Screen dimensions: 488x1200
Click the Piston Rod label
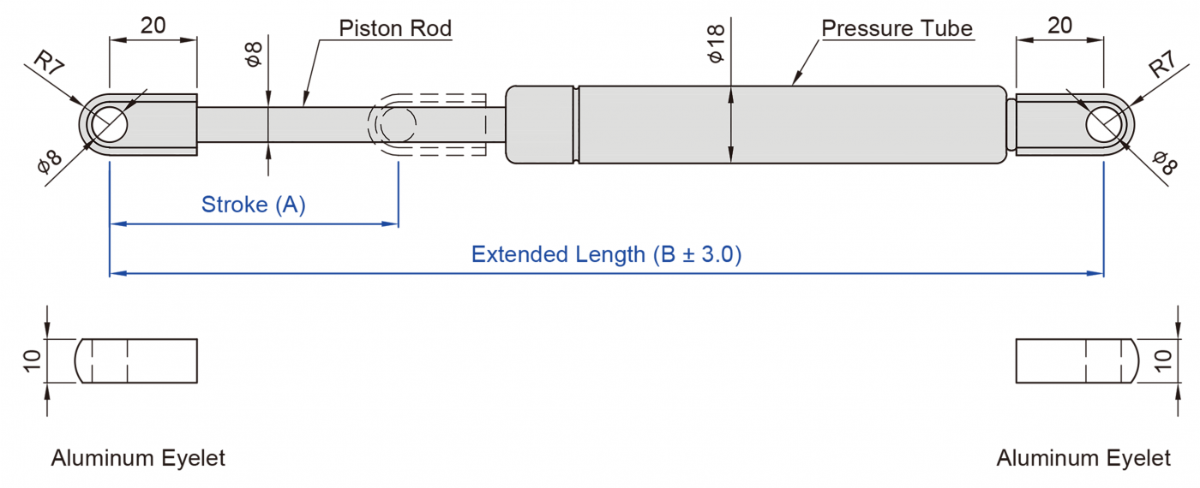395,28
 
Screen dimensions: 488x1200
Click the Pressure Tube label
897,28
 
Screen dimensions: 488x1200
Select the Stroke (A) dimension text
253,205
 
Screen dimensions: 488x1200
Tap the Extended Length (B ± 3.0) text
606,254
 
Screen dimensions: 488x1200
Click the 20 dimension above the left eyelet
153,26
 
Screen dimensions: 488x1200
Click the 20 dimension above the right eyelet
1059,26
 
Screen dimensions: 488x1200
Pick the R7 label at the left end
49,65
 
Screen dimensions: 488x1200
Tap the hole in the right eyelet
1103,125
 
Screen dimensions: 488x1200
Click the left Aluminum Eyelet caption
138,458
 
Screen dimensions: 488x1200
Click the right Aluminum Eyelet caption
1083,458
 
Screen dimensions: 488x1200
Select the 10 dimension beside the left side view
33,360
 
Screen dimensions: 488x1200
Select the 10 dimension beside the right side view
1162,360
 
